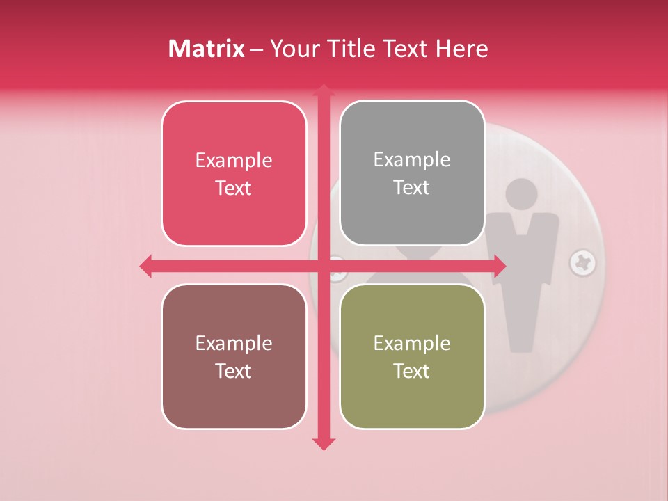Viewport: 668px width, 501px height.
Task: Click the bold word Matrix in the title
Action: [207, 49]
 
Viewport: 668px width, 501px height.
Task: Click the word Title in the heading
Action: [349, 49]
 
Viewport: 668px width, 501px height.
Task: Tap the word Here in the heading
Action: [461, 49]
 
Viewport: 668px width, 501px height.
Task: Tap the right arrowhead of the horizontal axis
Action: [499, 266]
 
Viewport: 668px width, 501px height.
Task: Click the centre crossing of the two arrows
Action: [323, 266]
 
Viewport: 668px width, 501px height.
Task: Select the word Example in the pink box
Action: [234, 161]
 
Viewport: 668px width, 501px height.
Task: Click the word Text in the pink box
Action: [234, 189]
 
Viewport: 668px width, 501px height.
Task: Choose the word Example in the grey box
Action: [412, 160]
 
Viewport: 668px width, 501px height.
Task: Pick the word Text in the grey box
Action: [412, 188]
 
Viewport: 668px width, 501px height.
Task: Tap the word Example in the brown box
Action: [234, 344]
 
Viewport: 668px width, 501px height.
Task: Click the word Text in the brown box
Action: [234, 372]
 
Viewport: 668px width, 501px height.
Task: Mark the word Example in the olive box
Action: [412, 344]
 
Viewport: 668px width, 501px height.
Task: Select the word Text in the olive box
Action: [412, 372]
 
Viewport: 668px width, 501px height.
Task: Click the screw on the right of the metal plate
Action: [582, 263]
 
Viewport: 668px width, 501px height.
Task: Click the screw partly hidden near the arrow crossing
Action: [337, 267]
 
